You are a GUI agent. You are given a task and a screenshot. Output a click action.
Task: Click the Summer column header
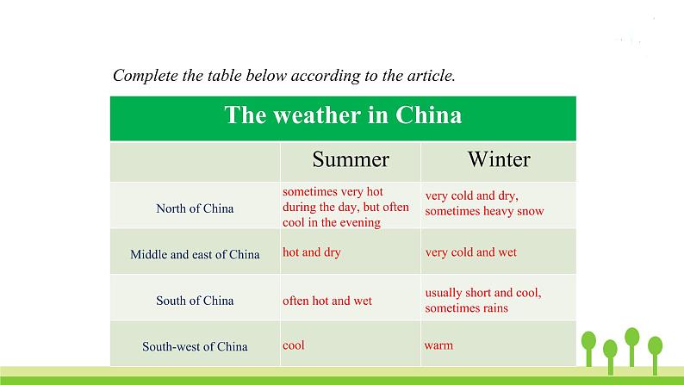pyautogui.click(x=351, y=159)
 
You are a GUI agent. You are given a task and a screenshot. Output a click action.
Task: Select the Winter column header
pyautogui.click(x=499, y=159)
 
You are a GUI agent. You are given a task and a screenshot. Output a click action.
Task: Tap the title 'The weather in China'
pyautogui.click(x=343, y=115)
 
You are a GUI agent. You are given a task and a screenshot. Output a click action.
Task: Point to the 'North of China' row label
pyautogui.click(x=195, y=208)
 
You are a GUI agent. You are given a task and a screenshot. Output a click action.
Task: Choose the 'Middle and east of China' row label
pyautogui.click(x=195, y=254)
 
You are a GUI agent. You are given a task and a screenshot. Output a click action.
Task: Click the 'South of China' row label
pyautogui.click(x=195, y=301)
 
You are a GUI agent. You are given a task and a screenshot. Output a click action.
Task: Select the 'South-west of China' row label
pyautogui.click(x=195, y=346)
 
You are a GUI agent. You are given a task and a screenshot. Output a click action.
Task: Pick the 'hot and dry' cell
pyautogui.click(x=312, y=252)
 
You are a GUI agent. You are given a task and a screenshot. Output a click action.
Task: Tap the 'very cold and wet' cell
pyautogui.click(x=470, y=252)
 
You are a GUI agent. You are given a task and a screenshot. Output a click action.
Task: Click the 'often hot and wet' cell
pyautogui.click(x=327, y=301)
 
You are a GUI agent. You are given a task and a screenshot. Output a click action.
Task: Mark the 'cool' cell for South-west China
pyautogui.click(x=294, y=345)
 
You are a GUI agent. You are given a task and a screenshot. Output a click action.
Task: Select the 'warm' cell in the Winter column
pyautogui.click(x=438, y=345)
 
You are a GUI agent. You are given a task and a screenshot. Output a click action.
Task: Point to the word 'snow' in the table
pyautogui.click(x=531, y=212)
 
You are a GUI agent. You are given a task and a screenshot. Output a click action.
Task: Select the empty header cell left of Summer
pyautogui.click(x=195, y=162)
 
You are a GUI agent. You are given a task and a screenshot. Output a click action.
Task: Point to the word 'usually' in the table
pyautogui.click(x=444, y=293)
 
